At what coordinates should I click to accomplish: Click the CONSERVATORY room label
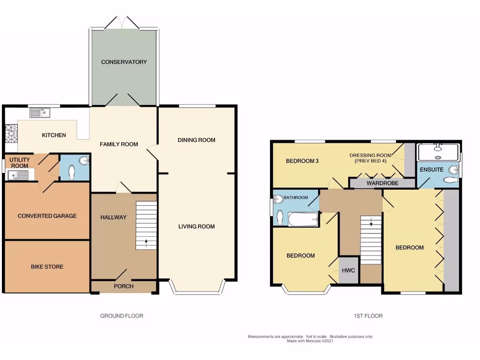click(x=124, y=62)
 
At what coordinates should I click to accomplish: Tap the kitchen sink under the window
click(x=39, y=112)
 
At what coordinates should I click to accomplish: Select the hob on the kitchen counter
click(x=11, y=133)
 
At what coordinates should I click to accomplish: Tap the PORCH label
click(x=124, y=286)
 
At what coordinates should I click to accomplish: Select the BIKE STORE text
click(x=47, y=267)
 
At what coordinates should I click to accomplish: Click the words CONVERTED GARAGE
click(x=47, y=216)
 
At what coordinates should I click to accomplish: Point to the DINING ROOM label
click(x=196, y=140)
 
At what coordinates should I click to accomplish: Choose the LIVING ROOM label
click(x=196, y=226)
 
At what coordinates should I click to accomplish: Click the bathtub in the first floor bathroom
click(x=302, y=219)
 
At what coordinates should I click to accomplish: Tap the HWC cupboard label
click(x=348, y=270)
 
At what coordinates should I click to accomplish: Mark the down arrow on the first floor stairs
click(x=371, y=223)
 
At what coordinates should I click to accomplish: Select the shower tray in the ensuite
click(x=438, y=151)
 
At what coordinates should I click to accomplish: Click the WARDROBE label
click(x=382, y=183)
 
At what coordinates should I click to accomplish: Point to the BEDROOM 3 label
click(x=302, y=161)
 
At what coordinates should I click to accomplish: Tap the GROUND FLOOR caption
click(x=121, y=316)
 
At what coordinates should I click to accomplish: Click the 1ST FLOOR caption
click(x=368, y=316)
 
